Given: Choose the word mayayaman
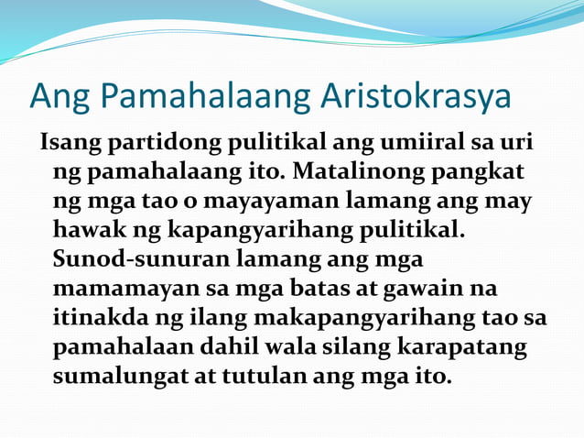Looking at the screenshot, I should [266, 197].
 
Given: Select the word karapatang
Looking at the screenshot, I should [467, 348].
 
